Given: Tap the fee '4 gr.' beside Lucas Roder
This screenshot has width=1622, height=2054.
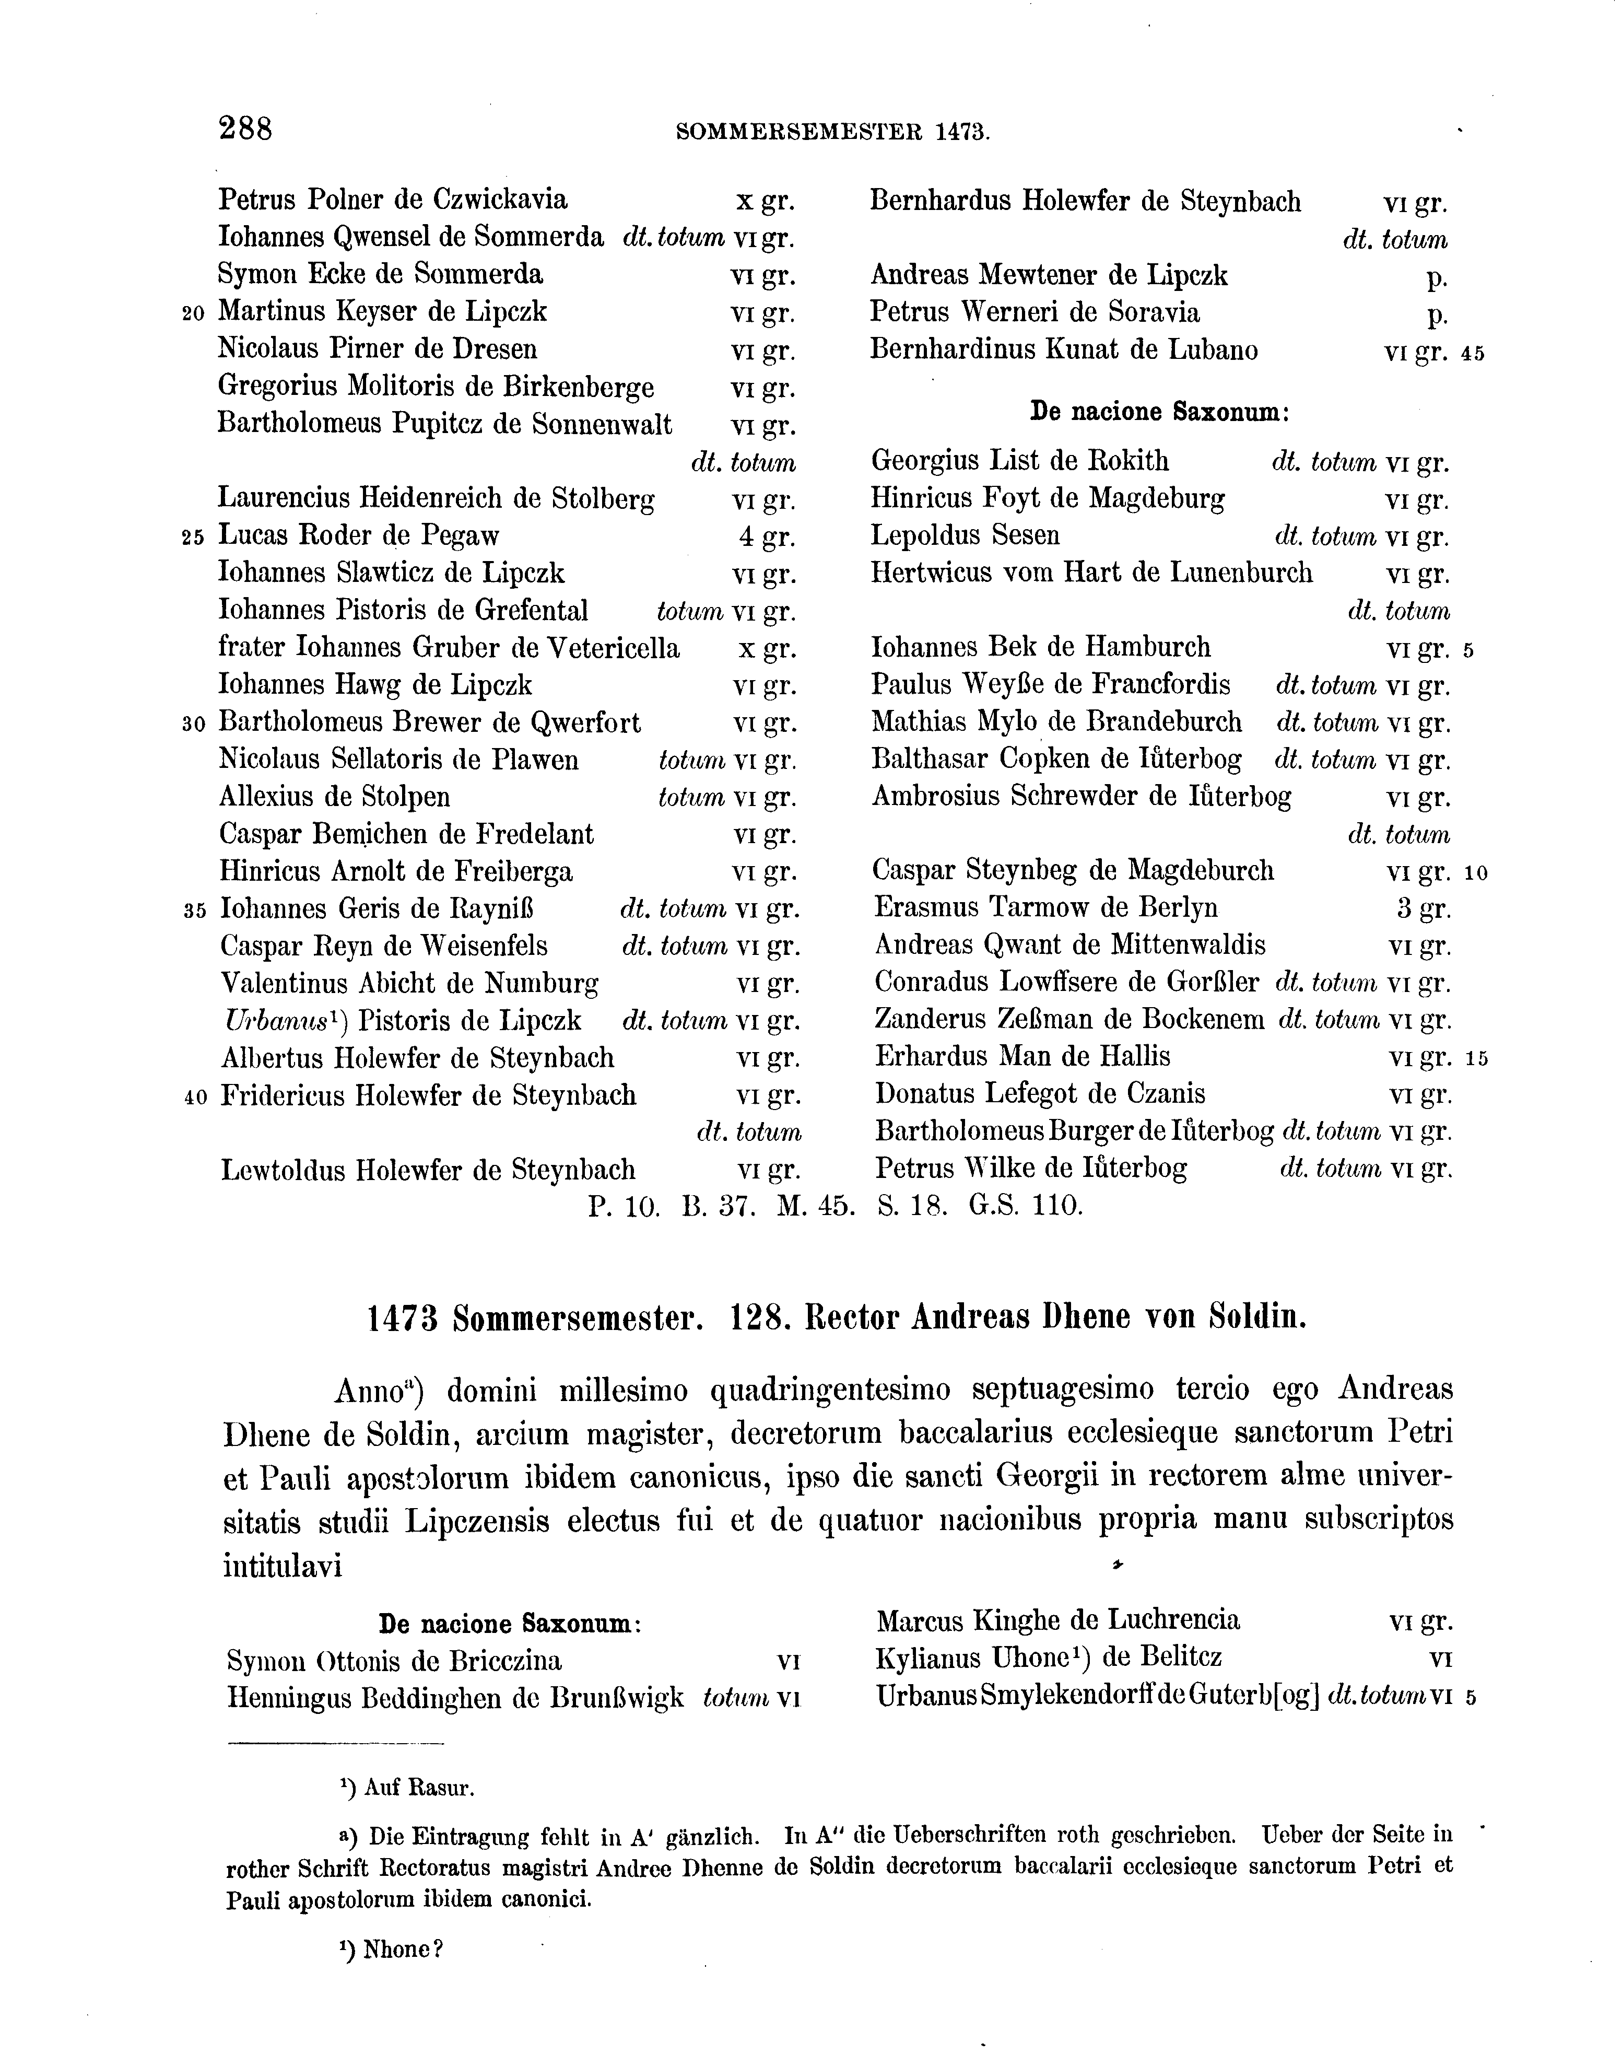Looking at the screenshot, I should coord(767,537).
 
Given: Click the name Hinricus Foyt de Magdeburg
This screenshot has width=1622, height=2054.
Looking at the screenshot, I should coord(1048,499).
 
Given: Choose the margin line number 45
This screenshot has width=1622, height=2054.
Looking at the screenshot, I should coord(1473,354).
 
